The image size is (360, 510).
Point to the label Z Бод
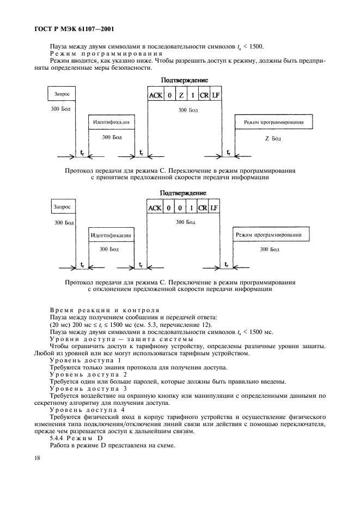[272, 138]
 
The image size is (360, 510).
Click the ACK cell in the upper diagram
[156, 95]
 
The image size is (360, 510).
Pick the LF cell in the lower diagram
[216, 208]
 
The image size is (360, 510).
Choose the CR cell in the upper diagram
[204, 95]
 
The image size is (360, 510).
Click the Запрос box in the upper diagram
[62, 94]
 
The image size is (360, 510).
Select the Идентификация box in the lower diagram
[111, 235]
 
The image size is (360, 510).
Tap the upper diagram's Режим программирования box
[274, 123]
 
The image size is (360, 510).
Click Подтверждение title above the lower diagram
[182, 193]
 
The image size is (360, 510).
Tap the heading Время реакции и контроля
[104, 309]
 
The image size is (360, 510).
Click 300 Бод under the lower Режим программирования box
[270, 250]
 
